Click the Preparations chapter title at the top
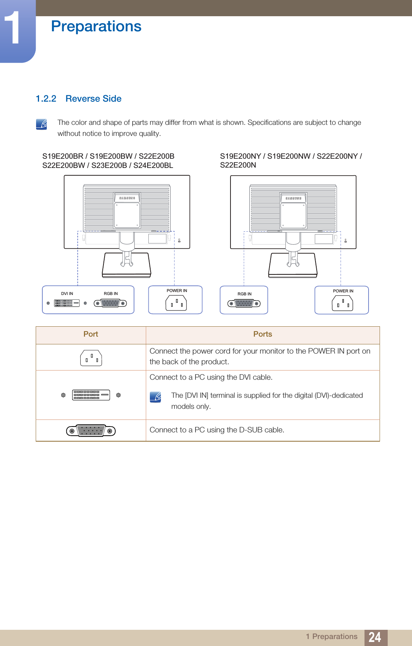[x=96, y=27]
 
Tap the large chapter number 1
[x=14, y=28]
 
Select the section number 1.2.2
[x=46, y=99]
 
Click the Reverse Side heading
[x=94, y=99]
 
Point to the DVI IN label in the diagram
[x=67, y=294]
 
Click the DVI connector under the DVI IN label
[x=67, y=303]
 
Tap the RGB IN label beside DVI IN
[x=111, y=294]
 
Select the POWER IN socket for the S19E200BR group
[x=176, y=303]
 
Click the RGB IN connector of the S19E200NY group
[x=244, y=303]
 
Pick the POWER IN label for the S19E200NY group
[x=343, y=291]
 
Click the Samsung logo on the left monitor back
[x=127, y=198]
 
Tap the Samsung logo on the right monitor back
[x=293, y=198]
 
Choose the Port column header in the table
[x=91, y=334]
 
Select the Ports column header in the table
[x=263, y=334]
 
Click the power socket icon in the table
[x=91, y=358]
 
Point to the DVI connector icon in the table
[x=91, y=395]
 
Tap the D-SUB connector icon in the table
[x=91, y=431]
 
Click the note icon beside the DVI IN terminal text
[x=155, y=397]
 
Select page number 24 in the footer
[x=375, y=637]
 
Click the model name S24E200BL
[x=153, y=165]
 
